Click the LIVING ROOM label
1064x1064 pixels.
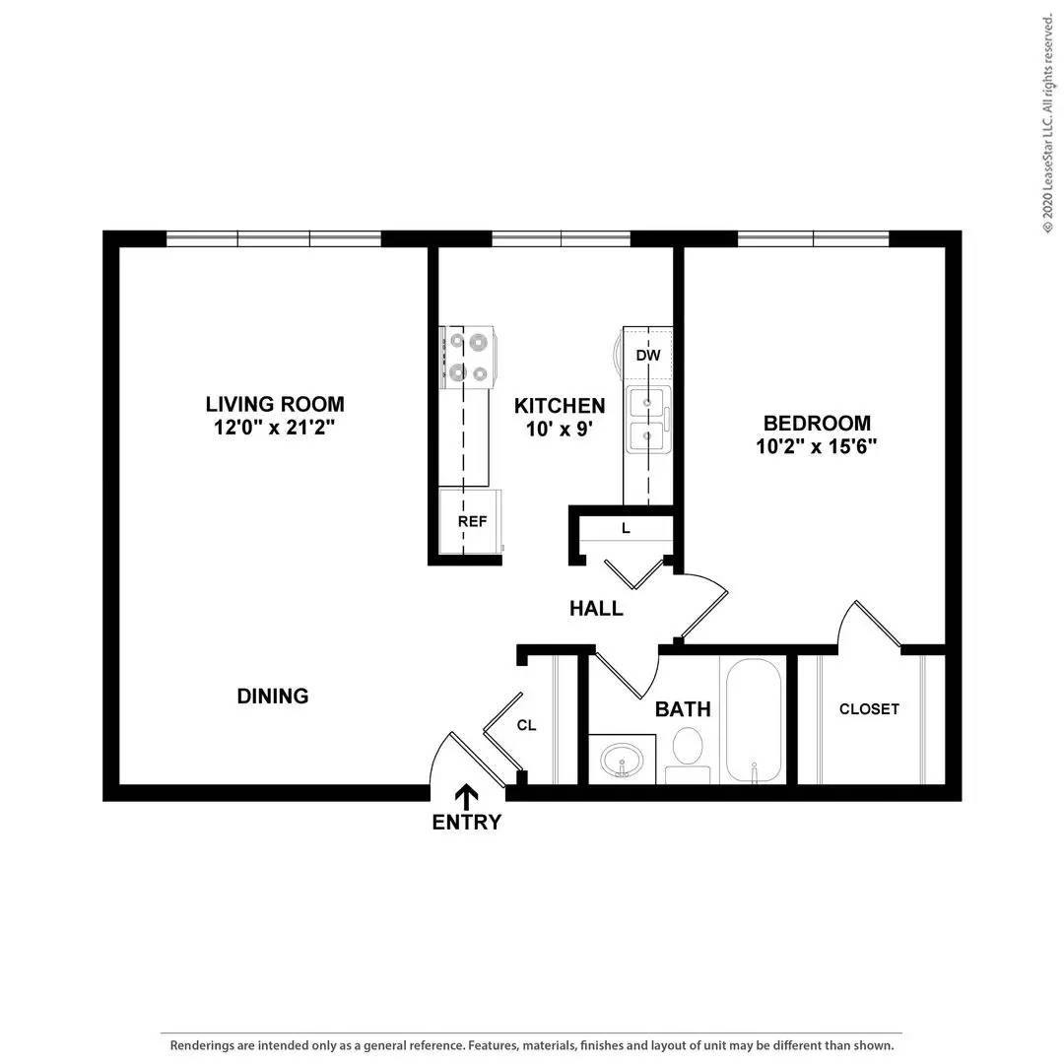point(275,404)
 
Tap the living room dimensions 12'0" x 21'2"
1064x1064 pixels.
point(275,428)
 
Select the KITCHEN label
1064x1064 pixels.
point(560,406)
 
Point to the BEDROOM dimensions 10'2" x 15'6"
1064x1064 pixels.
point(818,445)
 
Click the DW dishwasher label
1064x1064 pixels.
point(647,356)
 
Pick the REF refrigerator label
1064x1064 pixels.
point(472,521)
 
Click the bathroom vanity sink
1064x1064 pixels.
point(623,760)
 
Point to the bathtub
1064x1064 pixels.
point(754,719)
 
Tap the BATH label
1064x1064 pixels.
point(683,709)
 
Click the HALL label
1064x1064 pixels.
point(596,609)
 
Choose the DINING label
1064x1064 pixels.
point(273,697)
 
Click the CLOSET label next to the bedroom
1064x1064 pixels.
point(869,709)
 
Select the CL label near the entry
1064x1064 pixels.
point(527,726)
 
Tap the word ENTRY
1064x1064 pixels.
point(467,823)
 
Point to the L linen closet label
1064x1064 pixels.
point(626,529)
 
